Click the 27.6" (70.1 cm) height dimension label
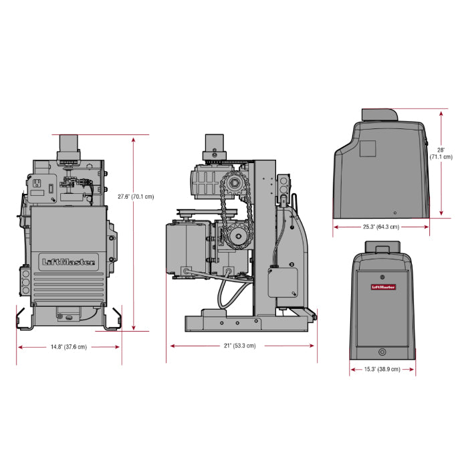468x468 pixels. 136,197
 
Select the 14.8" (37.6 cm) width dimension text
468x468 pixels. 68,346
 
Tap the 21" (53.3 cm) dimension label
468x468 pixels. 241,346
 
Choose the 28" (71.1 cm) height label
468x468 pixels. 441,153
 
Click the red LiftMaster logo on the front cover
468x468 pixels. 383,287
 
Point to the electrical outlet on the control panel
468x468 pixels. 37,183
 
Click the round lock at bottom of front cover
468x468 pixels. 382,352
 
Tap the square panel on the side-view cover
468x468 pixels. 368,148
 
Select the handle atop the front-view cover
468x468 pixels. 382,249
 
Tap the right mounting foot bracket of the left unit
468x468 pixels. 112,319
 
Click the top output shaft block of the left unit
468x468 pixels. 69,144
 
